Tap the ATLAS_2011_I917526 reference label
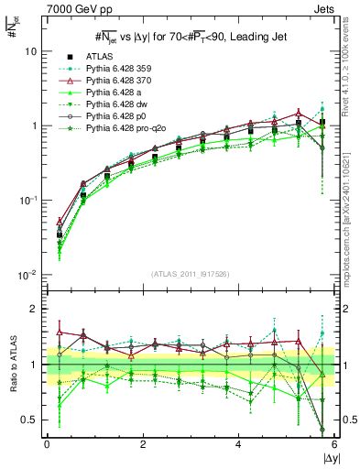[191, 275]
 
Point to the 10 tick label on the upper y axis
[32, 52]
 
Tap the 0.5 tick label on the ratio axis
[28, 420]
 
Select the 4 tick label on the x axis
[238, 444]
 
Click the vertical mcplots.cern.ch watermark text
[349, 229]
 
